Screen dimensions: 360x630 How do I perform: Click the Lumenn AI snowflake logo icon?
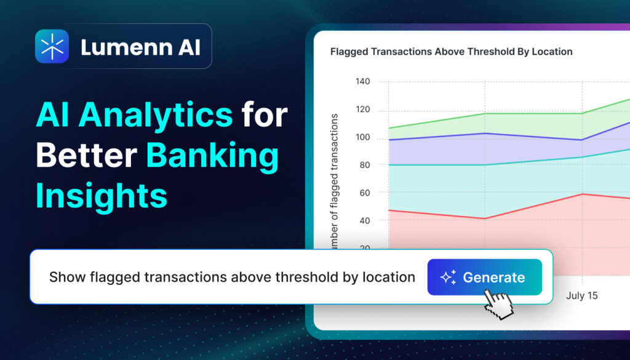(x=52, y=46)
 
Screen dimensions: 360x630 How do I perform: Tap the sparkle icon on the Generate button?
(x=448, y=278)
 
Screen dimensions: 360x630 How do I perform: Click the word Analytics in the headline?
(x=135, y=116)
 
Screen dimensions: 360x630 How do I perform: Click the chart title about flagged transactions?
(x=451, y=52)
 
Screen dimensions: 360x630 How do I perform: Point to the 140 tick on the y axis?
(x=362, y=81)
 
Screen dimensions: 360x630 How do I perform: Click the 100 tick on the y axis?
(x=362, y=137)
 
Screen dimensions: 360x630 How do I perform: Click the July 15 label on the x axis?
(x=581, y=295)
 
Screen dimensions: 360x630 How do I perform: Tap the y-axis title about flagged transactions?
(x=335, y=182)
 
